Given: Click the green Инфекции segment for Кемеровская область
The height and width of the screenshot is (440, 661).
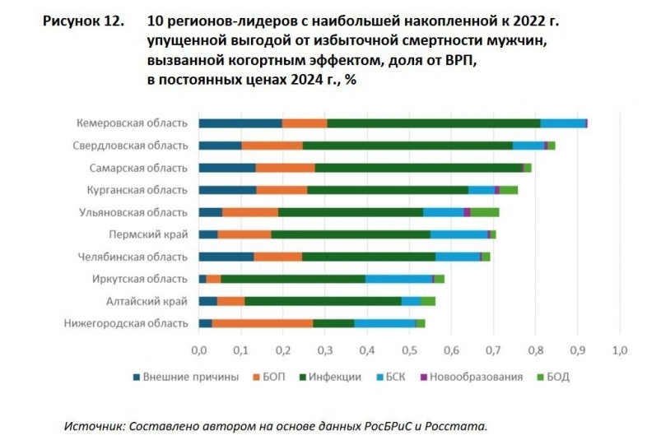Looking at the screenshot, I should tap(433, 123).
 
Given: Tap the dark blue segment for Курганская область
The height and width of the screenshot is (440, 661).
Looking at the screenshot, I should tap(227, 190).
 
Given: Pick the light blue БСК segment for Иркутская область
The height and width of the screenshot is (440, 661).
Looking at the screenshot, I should tap(398, 279).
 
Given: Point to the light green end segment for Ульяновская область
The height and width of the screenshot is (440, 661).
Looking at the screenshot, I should tap(485, 212).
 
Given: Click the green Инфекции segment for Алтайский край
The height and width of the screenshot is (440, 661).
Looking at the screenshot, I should tap(323, 301).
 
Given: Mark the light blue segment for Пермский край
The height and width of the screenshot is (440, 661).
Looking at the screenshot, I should tap(459, 234).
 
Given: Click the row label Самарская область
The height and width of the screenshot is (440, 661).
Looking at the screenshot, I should tap(138, 168).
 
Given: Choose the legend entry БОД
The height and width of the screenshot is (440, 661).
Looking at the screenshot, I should tap(557, 377).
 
